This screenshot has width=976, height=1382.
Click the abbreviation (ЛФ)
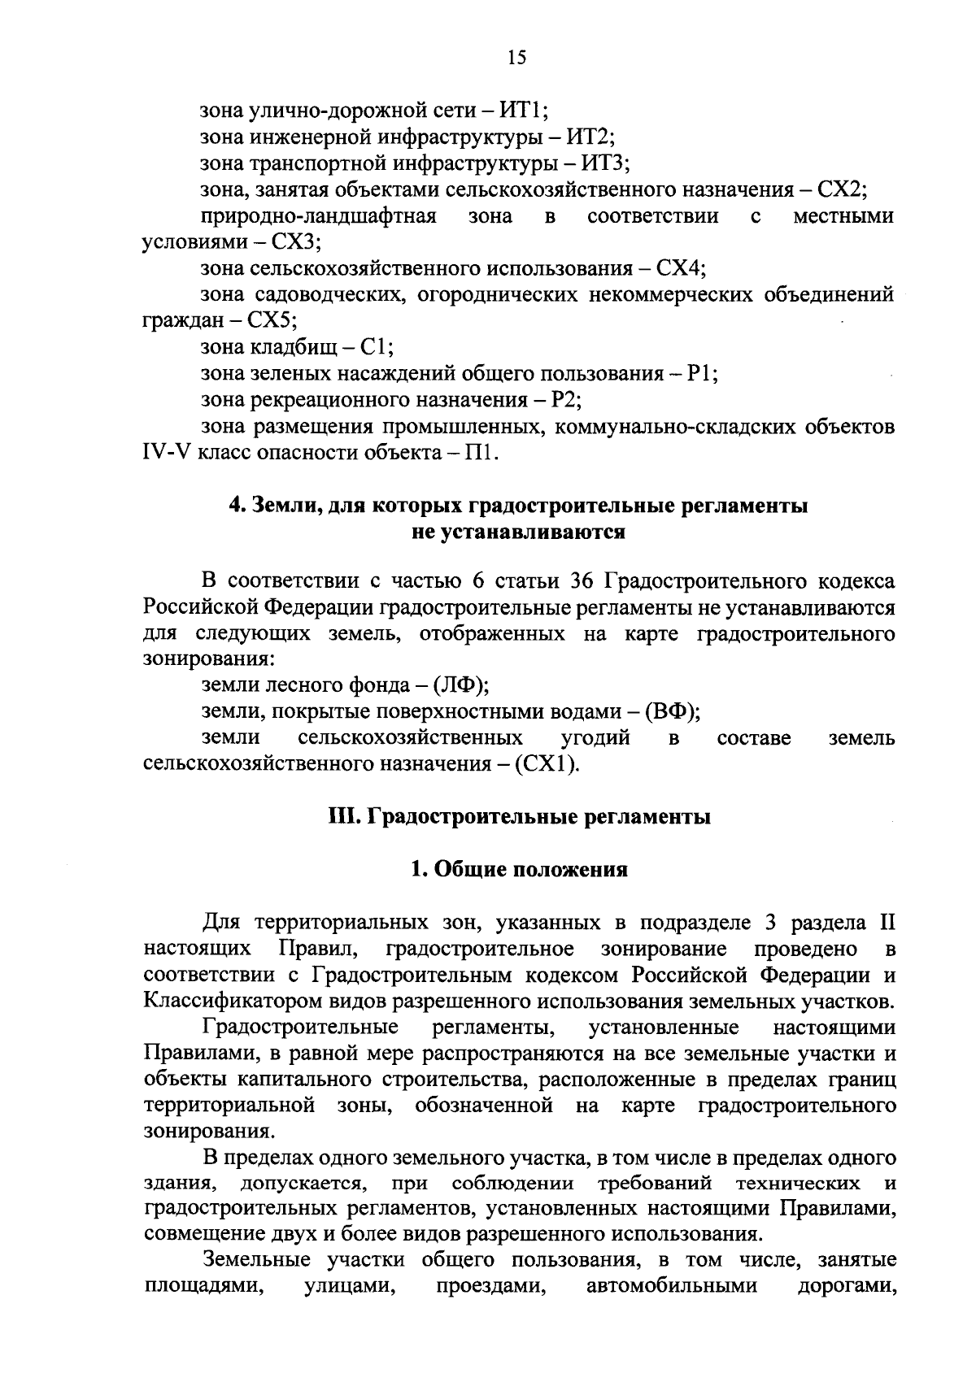(460, 685)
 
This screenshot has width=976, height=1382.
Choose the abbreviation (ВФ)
(673, 711)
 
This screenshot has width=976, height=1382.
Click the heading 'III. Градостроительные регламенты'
(519, 817)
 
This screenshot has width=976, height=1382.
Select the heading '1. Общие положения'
(519, 870)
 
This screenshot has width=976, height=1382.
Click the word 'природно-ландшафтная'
(319, 215)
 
